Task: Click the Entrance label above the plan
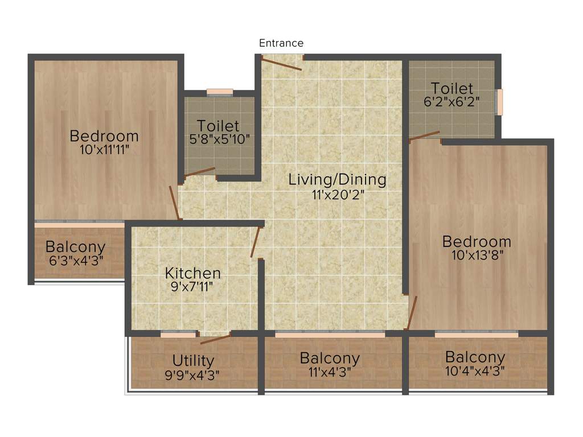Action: coord(281,43)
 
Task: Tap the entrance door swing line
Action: coord(282,64)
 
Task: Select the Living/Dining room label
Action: coord(337,180)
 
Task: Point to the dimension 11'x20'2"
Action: coord(338,195)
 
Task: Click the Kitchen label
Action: coord(193,273)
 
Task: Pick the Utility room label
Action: coord(193,360)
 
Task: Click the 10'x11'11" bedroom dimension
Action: coord(104,150)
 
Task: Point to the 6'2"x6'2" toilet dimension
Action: coord(451,102)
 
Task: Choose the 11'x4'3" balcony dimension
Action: coord(330,372)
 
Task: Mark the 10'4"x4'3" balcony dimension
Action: coord(475,371)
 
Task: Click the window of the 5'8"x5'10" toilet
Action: coord(220,92)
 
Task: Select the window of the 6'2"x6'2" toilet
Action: coord(500,102)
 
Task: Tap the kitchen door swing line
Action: coord(256,242)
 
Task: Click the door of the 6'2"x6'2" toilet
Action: coord(424,135)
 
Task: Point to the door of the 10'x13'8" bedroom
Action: coord(412,312)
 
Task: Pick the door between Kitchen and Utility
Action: coord(215,339)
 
